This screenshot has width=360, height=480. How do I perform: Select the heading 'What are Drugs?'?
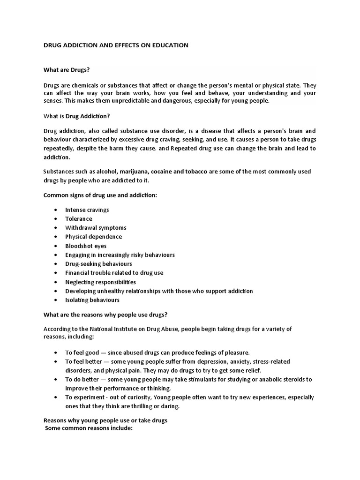tap(66, 70)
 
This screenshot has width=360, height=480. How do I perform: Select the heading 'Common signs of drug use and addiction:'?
tap(100, 195)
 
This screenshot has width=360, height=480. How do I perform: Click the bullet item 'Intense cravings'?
tap(87, 210)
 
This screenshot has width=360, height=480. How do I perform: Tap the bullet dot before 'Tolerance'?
tap(56, 219)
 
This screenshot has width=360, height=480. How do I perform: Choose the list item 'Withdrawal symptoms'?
tap(96, 228)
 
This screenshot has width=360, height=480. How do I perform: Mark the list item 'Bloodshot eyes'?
tap(86, 246)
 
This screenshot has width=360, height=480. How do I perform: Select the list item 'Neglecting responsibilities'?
tap(100, 282)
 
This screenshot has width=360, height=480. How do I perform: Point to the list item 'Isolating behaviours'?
tap(92, 300)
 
